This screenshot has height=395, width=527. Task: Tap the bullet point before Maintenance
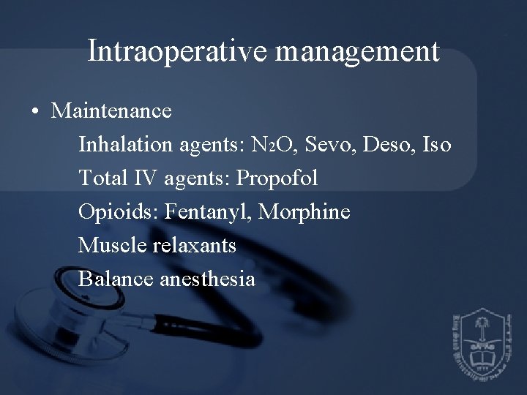pos(35,112)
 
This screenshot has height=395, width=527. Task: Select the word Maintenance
pos(112,111)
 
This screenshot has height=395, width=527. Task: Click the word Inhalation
pos(126,145)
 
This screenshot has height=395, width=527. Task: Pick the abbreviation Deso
pos(384,145)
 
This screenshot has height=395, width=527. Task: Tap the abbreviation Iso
pos(436,145)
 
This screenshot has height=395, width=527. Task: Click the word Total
pos(102,178)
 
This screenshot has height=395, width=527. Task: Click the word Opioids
pos(118,213)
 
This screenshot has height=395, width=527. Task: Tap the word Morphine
pos(305,213)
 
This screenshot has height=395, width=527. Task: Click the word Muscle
pos(113,246)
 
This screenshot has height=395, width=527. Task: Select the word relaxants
pos(195,246)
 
